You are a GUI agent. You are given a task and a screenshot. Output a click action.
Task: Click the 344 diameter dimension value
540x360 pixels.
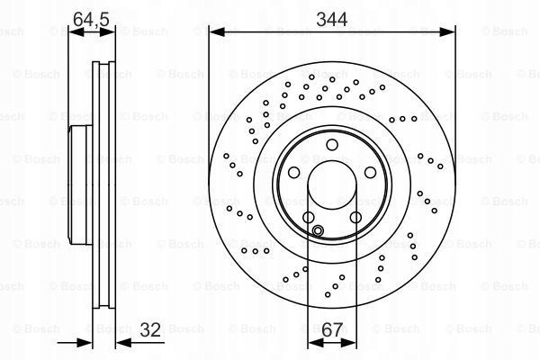(x=331, y=19)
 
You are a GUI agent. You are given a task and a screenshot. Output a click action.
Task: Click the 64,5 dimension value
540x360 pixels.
(x=91, y=19)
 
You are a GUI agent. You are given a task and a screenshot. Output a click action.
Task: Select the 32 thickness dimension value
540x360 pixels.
(x=150, y=329)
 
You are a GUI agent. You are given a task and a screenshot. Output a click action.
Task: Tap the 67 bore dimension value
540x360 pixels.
(x=332, y=329)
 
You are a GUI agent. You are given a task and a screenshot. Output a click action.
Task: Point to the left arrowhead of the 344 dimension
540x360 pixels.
(x=217, y=32)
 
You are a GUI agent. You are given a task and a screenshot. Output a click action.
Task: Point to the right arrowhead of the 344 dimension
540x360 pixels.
(x=447, y=32)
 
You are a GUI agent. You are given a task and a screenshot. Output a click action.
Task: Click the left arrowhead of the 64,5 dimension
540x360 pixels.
(x=76, y=32)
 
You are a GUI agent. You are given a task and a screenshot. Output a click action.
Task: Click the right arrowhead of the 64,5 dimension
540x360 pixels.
(x=107, y=32)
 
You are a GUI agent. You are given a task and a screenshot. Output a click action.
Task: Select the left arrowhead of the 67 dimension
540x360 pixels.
(x=315, y=342)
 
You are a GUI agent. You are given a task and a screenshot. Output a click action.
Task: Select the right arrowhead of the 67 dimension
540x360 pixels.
(x=348, y=342)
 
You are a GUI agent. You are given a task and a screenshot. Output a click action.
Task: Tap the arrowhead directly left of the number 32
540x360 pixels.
(x=123, y=342)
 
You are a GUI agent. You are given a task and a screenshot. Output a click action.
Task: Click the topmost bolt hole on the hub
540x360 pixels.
(x=332, y=145)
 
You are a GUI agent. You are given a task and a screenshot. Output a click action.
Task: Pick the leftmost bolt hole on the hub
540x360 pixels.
(x=293, y=172)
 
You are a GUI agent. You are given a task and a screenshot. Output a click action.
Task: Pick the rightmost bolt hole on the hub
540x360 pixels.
(x=370, y=172)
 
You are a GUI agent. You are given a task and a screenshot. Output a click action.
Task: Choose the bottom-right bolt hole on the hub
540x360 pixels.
(x=355, y=218)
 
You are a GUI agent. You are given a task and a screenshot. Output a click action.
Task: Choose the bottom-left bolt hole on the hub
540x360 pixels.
(x=308, y=218)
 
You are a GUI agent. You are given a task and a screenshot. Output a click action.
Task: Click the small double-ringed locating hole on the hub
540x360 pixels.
(x=318, y=230)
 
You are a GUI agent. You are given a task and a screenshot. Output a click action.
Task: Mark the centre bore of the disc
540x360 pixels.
(x=332, y=184)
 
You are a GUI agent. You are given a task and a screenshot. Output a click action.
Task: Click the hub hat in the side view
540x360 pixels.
(x=81, y=184)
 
